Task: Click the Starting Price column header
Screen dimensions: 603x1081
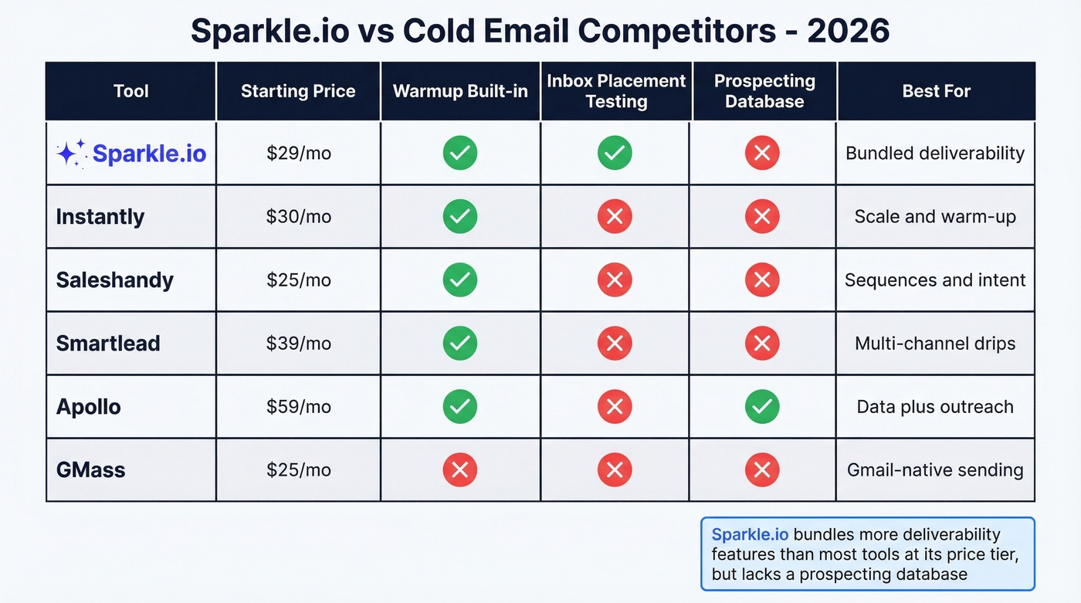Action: (x=298, y=91)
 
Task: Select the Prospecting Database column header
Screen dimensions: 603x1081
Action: (x=764, y=91)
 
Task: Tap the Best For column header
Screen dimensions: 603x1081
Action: (x=936, y=91)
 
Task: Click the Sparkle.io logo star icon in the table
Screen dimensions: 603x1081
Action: (x=71, y=154)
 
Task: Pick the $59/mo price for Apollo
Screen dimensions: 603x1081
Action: (x=298, y=407)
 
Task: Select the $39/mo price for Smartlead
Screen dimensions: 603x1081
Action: (x=298, y=344)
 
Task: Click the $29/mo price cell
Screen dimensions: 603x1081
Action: (x=298, y=154)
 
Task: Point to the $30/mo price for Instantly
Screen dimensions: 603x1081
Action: (x=298, y=217)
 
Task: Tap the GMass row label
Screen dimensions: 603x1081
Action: (x=90, y=469)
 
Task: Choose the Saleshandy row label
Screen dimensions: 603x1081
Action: (x=114, y=279)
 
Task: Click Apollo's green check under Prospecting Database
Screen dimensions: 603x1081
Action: (x=762, y=407)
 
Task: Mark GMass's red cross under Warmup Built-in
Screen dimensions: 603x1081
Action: (x=459, y=469)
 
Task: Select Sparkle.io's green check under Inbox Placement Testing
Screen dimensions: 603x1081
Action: (x=615, y=154)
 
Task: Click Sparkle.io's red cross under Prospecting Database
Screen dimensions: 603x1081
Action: (x=762, y=154)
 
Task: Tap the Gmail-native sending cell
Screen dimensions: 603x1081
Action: (x=935, y=469)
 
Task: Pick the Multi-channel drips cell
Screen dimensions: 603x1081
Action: (x=935, y=344)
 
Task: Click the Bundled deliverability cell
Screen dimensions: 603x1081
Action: (x=935, y=154)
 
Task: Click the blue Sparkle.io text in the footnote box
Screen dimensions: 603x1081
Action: (x=750, y=534)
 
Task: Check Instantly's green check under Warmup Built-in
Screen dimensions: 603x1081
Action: (x=459, y=217)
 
